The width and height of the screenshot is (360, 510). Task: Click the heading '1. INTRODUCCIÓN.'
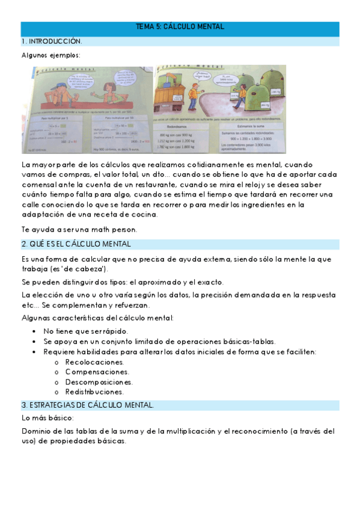(x=51, y=41)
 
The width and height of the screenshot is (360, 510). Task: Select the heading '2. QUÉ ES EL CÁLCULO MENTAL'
(x=76, y=244)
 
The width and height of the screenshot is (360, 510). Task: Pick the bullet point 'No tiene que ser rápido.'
(x=85, y=331)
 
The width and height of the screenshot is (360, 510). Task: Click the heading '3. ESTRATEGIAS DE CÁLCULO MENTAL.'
(x=88, y=405)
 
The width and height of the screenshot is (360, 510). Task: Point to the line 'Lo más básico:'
(x=47, y=417)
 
